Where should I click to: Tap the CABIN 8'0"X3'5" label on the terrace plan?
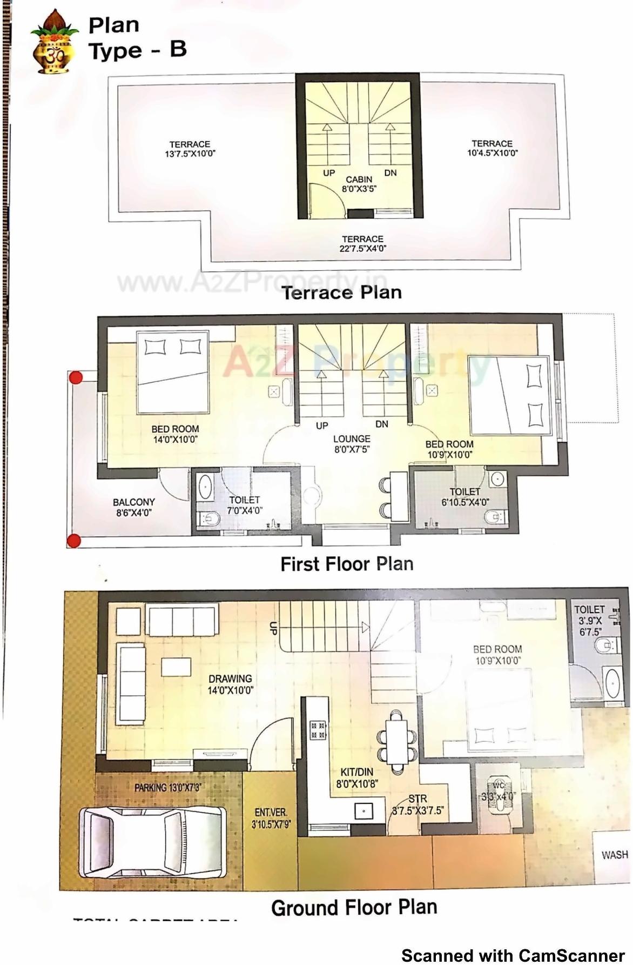pyautogui.click(x=359, y=184)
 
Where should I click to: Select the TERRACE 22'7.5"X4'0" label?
pyautogui.click(x=362, y=244)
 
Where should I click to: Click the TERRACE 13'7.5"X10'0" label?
pyautogui.click(x=190, y=149)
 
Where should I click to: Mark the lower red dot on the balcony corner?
pyautogui.click(x=74, y=540)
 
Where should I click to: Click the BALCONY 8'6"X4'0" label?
pyautogui.click(x=133, y=507)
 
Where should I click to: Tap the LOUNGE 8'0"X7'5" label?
pyautogui.click(x=352, y=444)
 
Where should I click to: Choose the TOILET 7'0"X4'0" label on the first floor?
pyautogui.click(x=244, y=505)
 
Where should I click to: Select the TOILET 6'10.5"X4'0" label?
pyautogui.click(x=464, y=496)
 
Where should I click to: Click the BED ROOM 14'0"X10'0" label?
pyautogui.click(x=175, y=434)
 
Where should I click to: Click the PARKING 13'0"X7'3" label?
pyautogui.click(x=167, y=788)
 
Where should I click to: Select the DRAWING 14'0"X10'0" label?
pyautogui.click(x=231, y=684)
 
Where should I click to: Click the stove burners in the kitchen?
pyautogui.click(x=317, y=730)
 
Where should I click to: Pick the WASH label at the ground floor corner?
pyautogui.click(x=615, y=855)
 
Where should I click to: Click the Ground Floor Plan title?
pyautogui.click(x=354, y=908)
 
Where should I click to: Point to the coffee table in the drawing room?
pyautogui.click(x=176, y=667)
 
